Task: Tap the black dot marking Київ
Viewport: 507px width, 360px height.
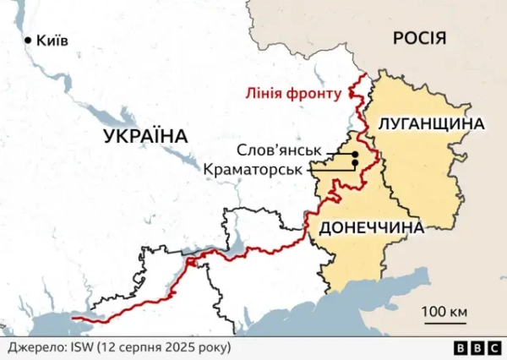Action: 28,40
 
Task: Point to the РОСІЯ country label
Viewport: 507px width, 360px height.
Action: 419,37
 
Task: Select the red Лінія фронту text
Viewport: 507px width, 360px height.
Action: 291,94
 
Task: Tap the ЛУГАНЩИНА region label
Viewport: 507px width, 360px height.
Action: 431,124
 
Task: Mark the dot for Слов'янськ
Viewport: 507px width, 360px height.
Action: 355,154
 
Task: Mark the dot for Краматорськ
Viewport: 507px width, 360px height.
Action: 355,162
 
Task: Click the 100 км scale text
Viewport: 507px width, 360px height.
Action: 444,313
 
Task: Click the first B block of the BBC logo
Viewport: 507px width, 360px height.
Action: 461,347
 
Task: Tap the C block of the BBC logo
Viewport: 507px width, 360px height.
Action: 492,347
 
